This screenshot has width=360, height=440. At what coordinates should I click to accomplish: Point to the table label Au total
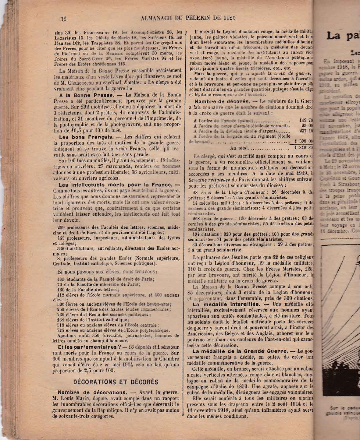point(240,148)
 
